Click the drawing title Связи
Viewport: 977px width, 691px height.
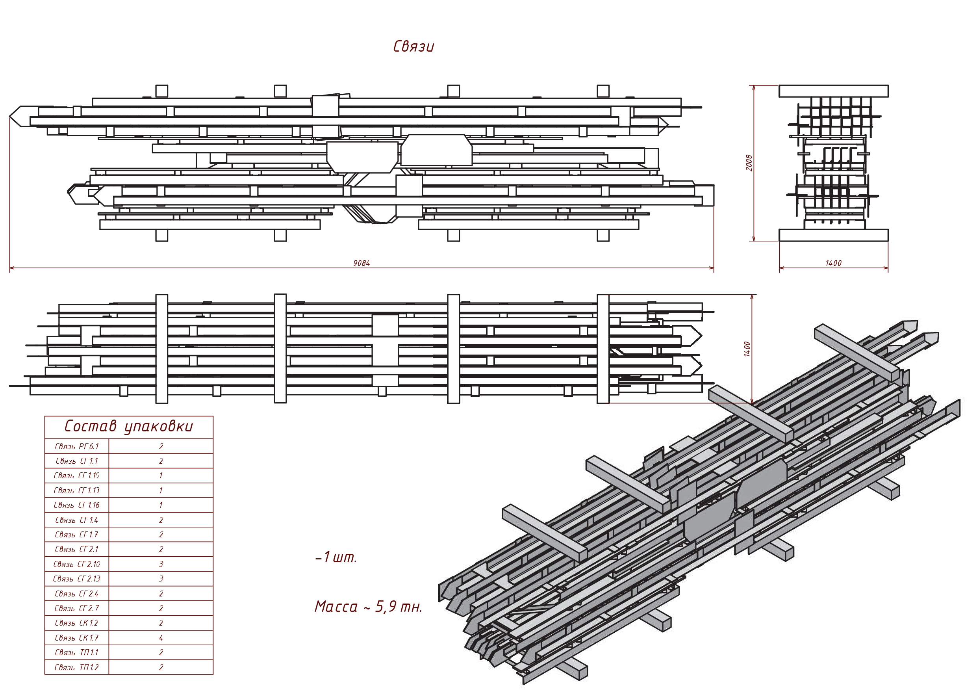(413, 46)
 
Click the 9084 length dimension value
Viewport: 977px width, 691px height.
(361, 263)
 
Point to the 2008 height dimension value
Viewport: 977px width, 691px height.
(749, 163)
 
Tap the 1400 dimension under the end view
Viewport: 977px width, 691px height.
(833, 263)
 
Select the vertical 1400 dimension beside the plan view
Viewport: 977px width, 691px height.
(747, 349)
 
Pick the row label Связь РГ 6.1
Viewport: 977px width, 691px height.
(77, 446)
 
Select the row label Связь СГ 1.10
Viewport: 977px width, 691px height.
(77, 476)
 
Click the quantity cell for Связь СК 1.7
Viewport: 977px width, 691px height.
(161, 637)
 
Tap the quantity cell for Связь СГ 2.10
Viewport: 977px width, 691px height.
(161, 564)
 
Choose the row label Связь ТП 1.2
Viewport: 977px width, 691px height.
(77, 667)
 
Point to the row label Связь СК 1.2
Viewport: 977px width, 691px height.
(77, 623)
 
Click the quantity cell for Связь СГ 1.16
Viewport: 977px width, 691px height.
(161, 505)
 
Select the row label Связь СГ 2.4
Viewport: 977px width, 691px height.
(77, 594)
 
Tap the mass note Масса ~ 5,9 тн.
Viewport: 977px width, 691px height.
(368, 607)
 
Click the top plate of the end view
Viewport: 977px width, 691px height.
(833, 91)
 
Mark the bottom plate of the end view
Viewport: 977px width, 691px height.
(833, 235)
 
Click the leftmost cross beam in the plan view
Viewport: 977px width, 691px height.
(162, 349)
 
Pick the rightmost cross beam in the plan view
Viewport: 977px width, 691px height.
(603, 349)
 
